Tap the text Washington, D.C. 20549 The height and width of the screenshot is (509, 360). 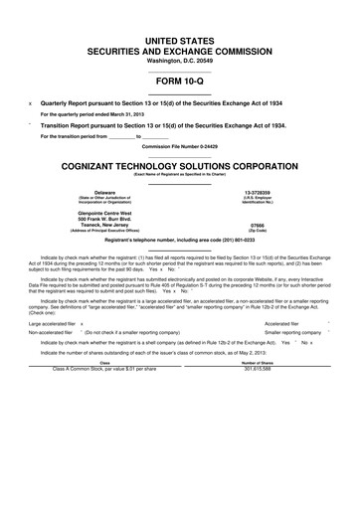[179, 61]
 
